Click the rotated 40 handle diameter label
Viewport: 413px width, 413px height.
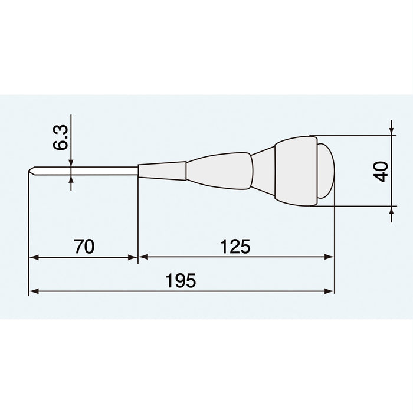pos(382,171)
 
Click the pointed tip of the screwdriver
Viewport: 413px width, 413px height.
pos(30,172)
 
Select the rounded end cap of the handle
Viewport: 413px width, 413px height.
pos(326,171)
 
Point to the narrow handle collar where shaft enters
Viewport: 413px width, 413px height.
pos(162,172)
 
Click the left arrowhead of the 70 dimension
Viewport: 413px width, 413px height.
pos(33,257)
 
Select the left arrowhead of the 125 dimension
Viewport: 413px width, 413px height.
pos(143,257)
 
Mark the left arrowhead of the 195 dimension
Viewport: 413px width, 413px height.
pos(33,291)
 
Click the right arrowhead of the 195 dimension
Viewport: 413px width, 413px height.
pos(330,291)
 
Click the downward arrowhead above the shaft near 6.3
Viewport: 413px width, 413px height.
pos(71,163)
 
